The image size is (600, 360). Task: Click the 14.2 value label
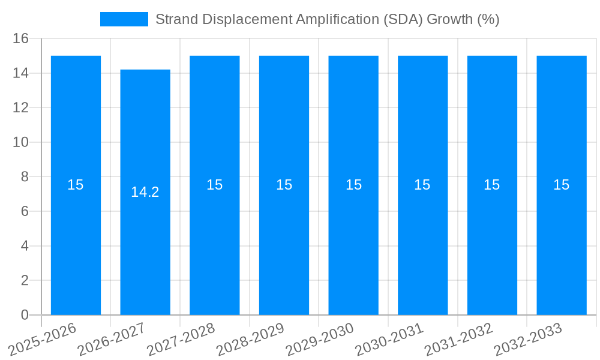click(x=145, y=192)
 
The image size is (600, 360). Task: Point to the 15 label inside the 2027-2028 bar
click(x=215, y=185)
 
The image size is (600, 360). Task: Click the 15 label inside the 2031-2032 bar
click(x=492, y=185)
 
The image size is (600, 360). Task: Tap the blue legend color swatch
click(x=124, y=19)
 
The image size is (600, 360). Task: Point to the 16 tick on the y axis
click(x=21, y=38)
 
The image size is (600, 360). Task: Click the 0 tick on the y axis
click(x=25, y=315)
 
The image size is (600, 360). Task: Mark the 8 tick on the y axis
click(x=25, y=177)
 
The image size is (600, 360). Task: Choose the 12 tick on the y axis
click(x=21, y=107)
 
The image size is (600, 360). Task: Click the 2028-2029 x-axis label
click(x=250, y=340)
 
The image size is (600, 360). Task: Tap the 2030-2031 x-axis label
click(x=389, y=340)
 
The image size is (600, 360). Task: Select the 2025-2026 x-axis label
click(x=42, y=340)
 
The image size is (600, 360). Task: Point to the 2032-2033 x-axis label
click(x=528, y=340)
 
